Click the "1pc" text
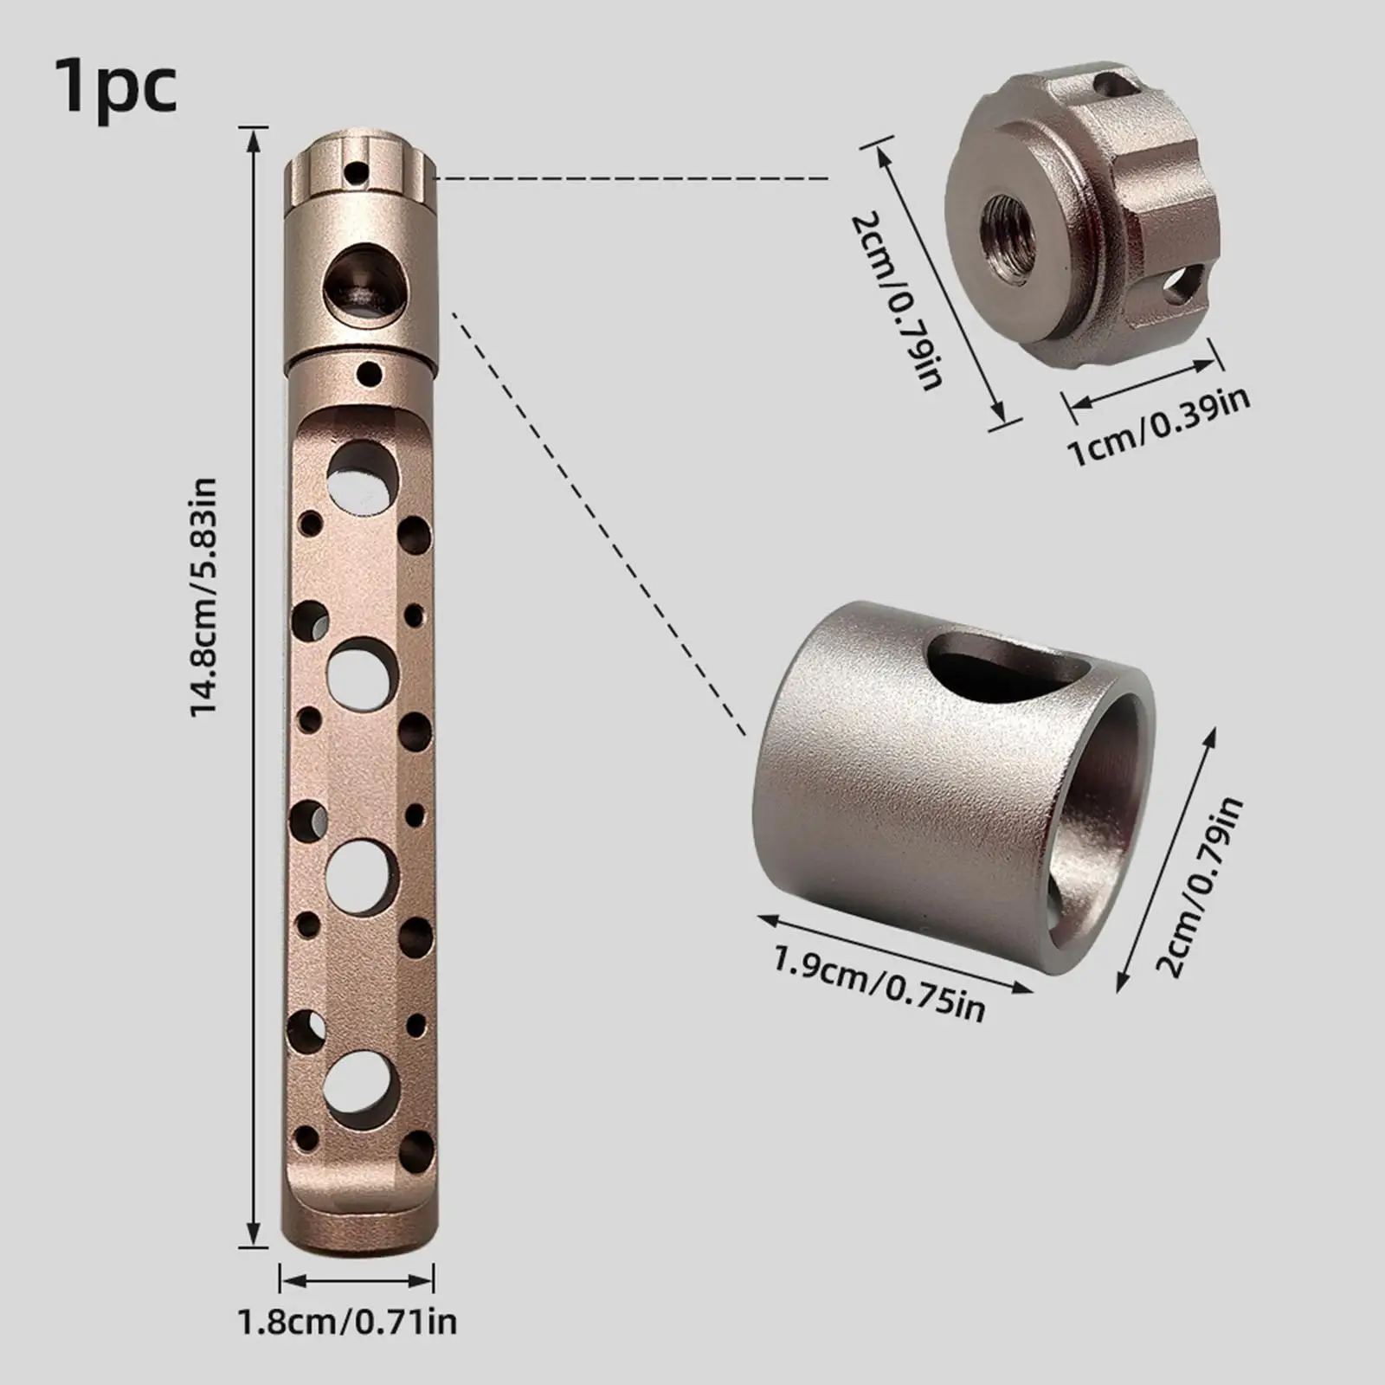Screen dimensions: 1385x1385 [x=116, y=87]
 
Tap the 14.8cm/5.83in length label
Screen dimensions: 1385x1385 [x=205, y=597]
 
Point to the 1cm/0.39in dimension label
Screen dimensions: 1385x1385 [x=1160, y=427]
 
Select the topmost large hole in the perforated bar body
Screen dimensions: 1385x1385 [x=363, y=475]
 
